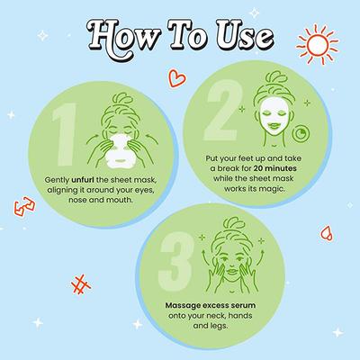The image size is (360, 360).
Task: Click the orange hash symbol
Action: [x=84, y=287]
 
